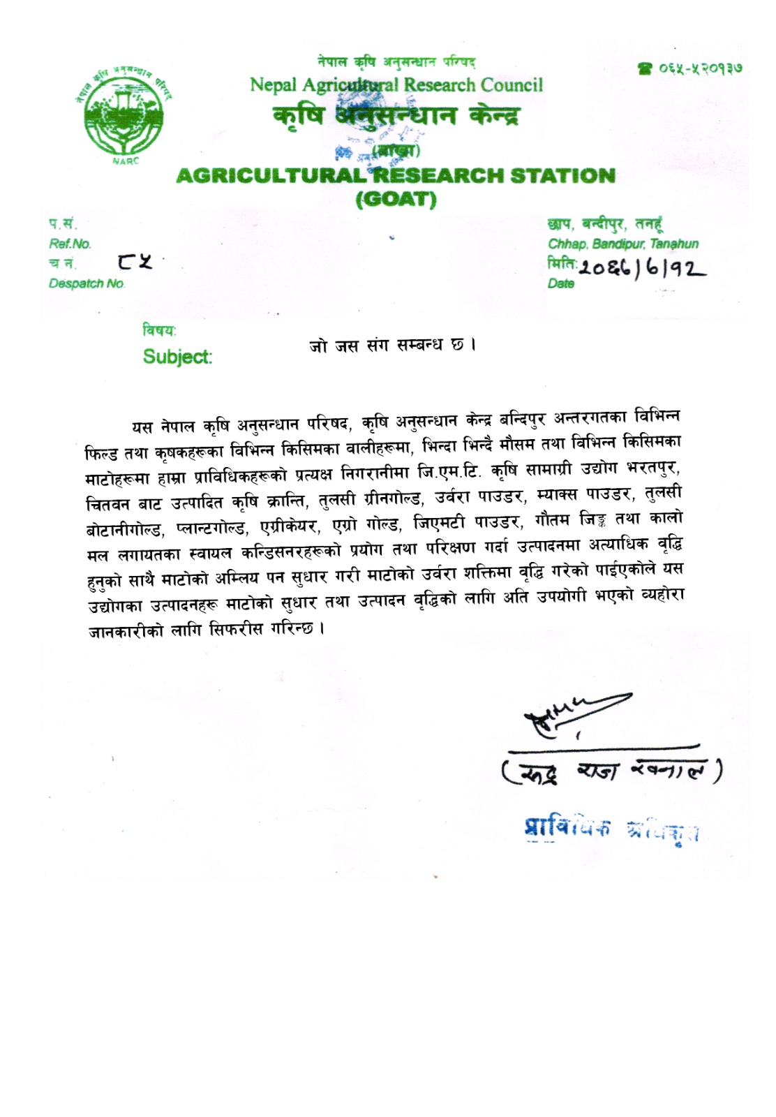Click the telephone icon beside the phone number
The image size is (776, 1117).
[643, 68]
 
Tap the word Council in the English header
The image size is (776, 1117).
[511, 85]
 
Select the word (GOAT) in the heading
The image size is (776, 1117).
[396, 200]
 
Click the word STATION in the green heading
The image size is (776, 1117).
[562, 176]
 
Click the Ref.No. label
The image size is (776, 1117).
[70, 244]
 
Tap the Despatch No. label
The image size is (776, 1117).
[87, 283]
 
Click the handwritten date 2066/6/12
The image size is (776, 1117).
[642, 267]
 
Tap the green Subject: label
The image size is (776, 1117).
[177, 357]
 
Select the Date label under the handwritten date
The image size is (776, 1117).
[561, 283]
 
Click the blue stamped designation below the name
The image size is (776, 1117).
[611, 828]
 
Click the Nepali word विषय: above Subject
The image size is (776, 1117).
[160, 330]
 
